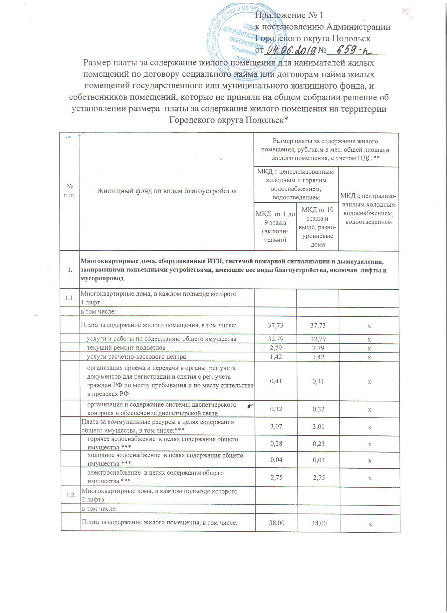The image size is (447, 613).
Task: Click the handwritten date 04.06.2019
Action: pos(290,50)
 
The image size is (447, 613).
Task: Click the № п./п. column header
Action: pos(70,191)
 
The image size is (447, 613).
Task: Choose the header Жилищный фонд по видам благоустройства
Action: pos(167,191)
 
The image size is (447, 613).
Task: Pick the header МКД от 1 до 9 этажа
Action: pos(275,226)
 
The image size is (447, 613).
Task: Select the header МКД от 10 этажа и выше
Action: pos(318,227)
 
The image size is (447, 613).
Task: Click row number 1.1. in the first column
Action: pos(70,298)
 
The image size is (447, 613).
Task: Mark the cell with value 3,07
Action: pos(276,427)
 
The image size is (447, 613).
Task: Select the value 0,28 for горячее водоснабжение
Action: pos(276,444)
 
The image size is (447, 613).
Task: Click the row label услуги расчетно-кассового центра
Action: pos(137,357)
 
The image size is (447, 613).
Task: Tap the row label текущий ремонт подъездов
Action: pos(126,347)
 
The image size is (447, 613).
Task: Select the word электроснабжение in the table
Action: pos(113,473)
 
